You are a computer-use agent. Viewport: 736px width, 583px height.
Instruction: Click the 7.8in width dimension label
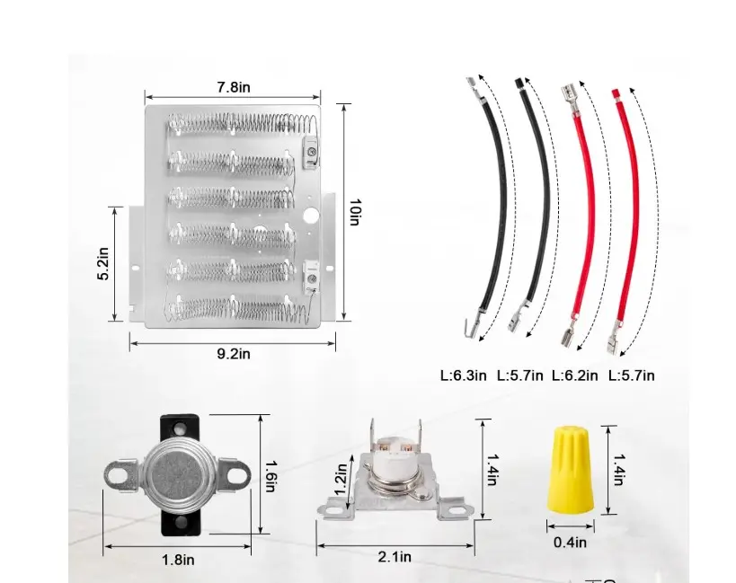pyautogui.click(x=234, y=87)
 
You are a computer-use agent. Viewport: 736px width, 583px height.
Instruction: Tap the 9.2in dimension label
pyautogui.click(x=234, y=354)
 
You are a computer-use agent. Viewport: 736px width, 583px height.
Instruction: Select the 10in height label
pyautogui.click(x=355, y=212)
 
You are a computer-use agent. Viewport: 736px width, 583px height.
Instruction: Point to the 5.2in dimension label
pyautogui.click(x=102, y=263)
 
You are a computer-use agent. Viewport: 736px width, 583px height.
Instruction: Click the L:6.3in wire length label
pyautogui.click(x=464, y=375)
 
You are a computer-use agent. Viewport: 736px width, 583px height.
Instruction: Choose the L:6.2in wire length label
pyautogui.click(x=574, y=375)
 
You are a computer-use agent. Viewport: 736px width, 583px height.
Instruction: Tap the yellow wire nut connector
pyautogui.click(x=571, y=470)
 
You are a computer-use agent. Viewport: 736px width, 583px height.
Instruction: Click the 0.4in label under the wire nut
pyautogui.click(x=570, y=543)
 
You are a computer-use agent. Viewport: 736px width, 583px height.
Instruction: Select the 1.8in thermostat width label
pyautogui.click(x=178, y=560)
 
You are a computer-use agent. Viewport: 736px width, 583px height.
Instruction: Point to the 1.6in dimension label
pyautogui.click(x=270, y=476)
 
